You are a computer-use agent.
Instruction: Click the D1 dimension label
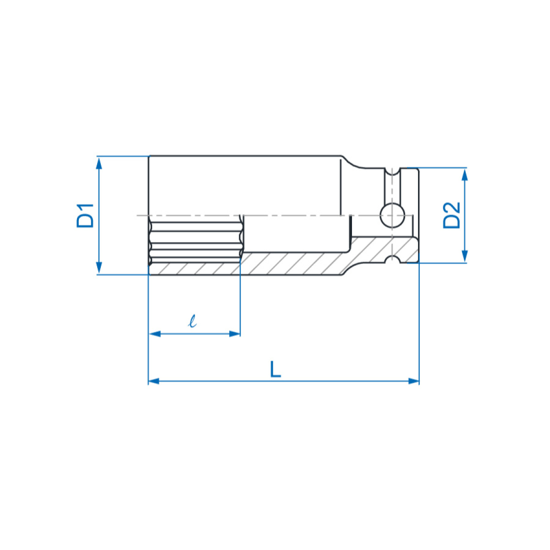(x=85, y=215)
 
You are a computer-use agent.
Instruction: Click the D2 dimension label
(x=451, y=215)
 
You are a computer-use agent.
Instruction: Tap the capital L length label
(x=275, y=369)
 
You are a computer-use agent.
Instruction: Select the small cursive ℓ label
(x=192, y=321)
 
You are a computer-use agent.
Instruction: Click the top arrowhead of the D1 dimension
(x=99, y=164)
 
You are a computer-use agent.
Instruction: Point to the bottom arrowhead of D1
(x=99, y=267)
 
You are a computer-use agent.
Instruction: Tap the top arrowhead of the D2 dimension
(x=465, y=175)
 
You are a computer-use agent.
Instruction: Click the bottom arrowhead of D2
(x=465, y=256)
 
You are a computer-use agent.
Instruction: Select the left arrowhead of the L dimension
(x=154, y=381)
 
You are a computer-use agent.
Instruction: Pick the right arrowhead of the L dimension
(x=413, y=381)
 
